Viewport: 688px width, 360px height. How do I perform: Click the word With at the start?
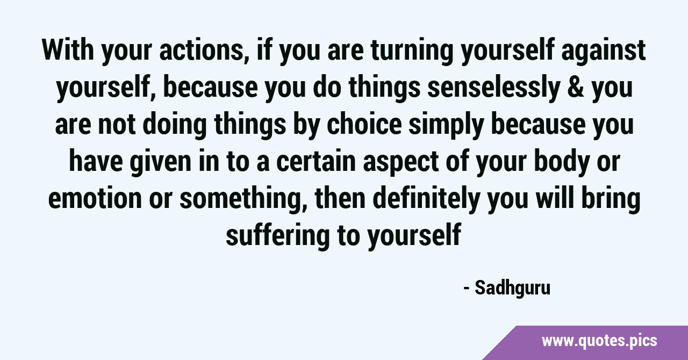68,50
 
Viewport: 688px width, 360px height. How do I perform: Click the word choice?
364,124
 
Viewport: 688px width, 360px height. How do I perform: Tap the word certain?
316,161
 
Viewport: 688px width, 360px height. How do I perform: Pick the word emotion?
95,198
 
